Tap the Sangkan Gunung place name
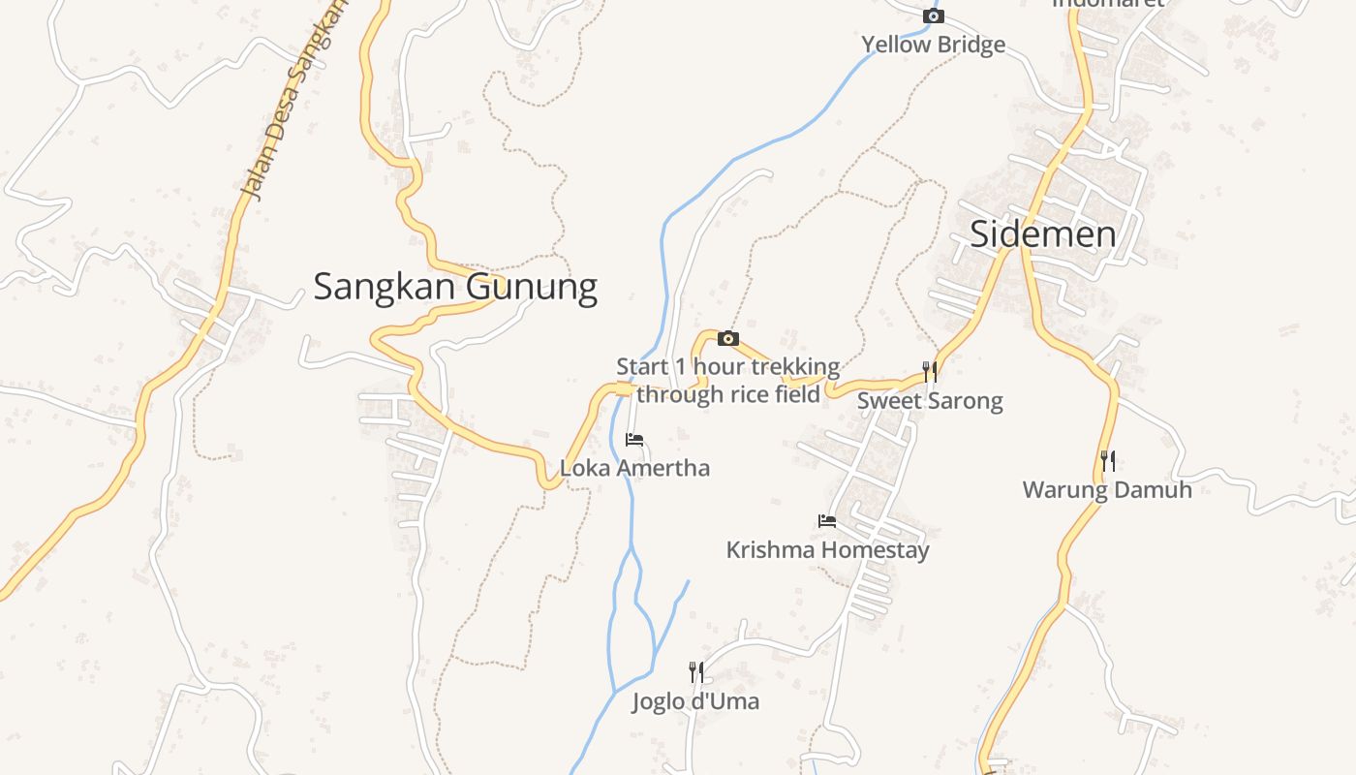455,287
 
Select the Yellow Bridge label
933,45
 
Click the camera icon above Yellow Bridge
933,15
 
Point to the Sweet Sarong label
930,400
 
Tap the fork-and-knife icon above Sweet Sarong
930,372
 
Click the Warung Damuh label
1107,489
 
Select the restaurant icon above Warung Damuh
1108,461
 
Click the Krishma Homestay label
827,549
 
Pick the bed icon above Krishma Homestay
827,521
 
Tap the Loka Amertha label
634,468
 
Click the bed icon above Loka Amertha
634,440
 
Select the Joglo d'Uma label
695,700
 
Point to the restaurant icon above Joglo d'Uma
695,671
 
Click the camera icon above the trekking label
728,338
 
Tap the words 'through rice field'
728,393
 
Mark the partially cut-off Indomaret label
1107,4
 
